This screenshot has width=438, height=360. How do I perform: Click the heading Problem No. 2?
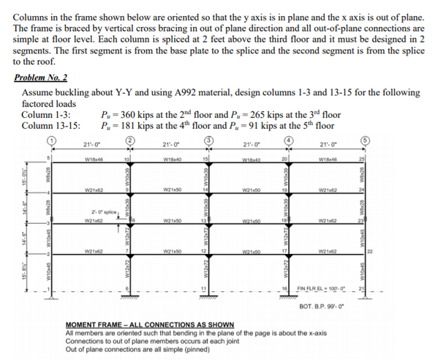41,76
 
